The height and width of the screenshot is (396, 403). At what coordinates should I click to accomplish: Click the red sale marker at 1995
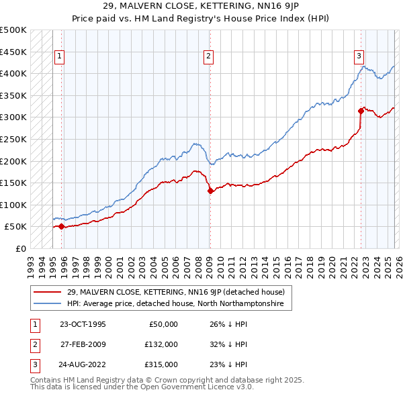[61, 227]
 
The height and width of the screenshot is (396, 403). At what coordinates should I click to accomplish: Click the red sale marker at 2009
[210, 191]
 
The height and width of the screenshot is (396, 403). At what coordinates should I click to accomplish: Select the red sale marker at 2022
[361, 111]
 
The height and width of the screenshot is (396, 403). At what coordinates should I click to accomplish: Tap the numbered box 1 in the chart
[60, 56]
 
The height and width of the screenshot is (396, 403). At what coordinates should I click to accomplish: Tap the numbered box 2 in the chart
[210, 56]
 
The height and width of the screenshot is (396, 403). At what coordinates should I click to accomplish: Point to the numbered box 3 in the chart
[359, 56]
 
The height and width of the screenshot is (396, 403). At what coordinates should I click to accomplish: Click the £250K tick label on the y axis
[13, 139]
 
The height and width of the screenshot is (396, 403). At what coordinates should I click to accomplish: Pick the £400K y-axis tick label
[13, 73]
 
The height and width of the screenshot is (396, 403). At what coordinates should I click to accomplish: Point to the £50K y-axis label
[16, 227]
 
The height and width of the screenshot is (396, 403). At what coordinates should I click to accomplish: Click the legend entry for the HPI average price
[175, 304]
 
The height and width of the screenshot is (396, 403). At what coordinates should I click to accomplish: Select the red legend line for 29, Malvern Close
[48, 292]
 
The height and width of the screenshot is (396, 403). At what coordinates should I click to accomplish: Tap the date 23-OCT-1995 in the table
[83, 324]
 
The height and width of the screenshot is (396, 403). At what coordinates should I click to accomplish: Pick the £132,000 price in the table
[161, 344]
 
